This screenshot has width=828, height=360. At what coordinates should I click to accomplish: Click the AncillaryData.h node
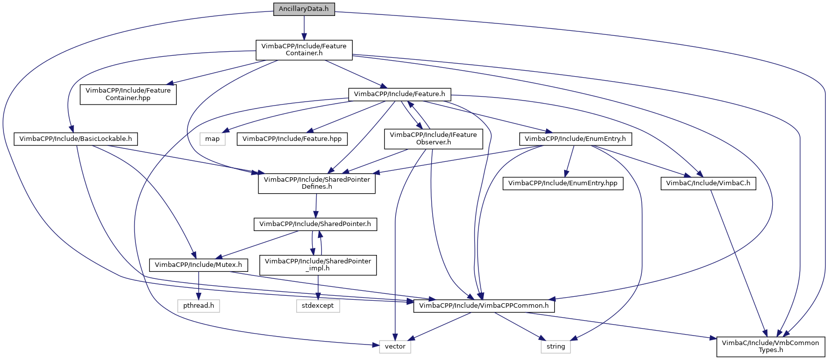304,9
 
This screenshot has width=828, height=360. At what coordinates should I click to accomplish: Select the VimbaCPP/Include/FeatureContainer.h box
304,50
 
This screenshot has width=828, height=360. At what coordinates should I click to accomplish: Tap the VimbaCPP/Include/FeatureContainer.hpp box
128,94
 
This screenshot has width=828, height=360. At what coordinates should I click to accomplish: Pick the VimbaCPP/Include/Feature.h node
399,94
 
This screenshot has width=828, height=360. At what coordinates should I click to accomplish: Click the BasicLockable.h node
76,139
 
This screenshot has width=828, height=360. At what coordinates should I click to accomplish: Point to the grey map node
212,139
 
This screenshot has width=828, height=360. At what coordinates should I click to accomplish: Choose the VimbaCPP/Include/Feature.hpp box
292,139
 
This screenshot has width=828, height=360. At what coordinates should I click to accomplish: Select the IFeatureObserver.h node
433,138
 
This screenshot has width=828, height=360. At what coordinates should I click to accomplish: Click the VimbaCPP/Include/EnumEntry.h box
575,139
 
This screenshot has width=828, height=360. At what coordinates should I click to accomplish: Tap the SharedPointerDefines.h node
317,183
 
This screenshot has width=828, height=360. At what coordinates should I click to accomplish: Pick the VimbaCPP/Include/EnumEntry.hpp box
563,183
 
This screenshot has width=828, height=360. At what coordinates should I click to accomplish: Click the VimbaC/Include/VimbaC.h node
708,183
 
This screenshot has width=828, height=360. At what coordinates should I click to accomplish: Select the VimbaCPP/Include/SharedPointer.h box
315,224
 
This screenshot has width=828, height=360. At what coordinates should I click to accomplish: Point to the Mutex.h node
198,265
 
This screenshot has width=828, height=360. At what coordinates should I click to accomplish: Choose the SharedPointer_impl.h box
318,265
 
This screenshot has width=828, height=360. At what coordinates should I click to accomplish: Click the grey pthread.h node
198,306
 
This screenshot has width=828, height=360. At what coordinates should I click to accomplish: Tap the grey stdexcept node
318,306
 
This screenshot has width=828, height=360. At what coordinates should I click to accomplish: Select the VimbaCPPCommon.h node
484,306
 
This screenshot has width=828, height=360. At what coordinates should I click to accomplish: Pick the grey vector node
395,347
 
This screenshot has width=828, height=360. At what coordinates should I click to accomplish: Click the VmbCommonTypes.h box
770,347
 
